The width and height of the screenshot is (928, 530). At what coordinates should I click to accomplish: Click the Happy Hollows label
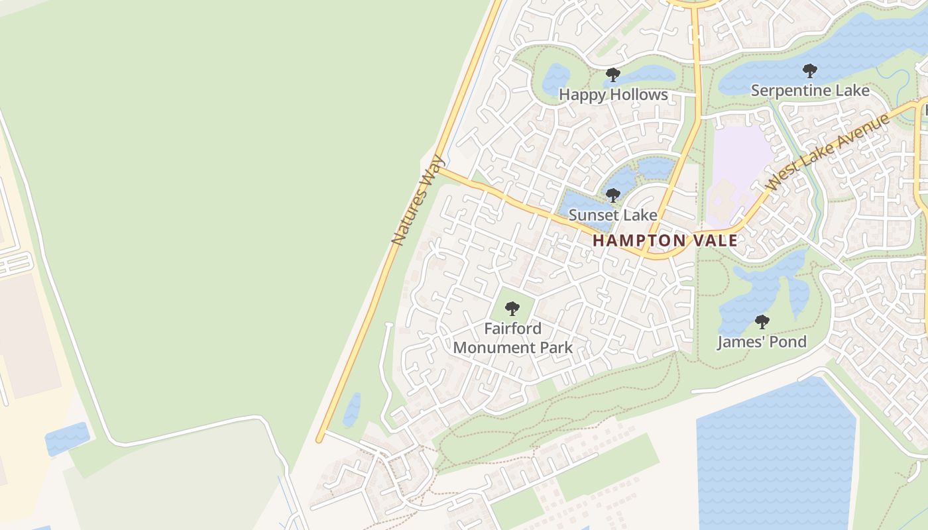pos(613,95)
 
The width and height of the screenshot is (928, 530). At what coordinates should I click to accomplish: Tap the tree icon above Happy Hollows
pos(613,74)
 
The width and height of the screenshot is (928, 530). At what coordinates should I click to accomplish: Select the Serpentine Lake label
pos(809,91)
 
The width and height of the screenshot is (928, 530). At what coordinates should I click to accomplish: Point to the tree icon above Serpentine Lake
pos(809,70)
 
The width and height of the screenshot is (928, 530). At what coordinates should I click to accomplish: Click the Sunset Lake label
pos(613,215)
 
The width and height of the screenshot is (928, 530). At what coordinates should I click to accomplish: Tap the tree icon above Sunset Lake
pos(613,195)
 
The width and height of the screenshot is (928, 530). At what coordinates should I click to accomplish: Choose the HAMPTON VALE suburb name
pos(665,240)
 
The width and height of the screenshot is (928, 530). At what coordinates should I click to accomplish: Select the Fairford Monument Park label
pos(512,338)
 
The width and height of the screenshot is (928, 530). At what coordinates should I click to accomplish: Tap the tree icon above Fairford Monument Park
pos(512,308)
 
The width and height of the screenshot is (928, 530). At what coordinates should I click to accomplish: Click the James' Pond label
pos(762,342)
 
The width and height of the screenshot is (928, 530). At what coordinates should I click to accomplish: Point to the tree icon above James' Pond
pos(762,322)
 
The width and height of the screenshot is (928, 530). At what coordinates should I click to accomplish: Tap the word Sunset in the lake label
pos(593,215)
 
